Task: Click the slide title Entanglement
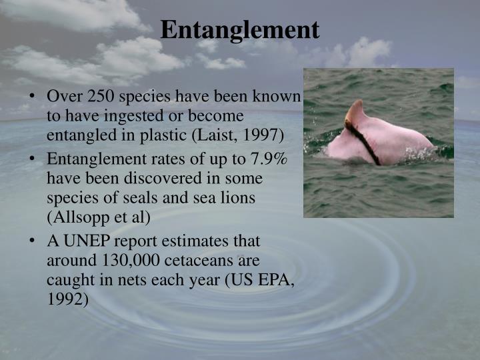tap(239, 29)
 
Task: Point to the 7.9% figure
tap(267, 160)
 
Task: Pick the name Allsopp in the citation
tap(79, 217)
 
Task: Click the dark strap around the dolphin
tap(366, 143)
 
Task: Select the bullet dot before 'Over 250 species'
tap(33, 97)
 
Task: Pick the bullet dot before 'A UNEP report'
tap(33, 242)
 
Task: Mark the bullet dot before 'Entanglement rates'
tap(33, 161)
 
